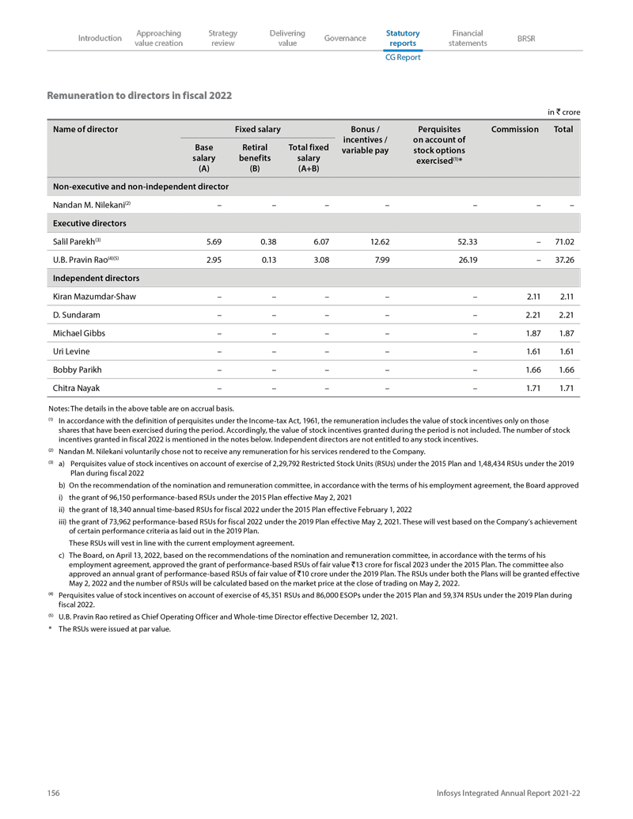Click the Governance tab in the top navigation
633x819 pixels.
[x=345, y=38]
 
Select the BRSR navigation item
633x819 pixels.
[x=525, y=38]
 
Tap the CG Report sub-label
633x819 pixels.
[x=403, y=58]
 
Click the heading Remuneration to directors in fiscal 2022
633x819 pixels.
[x=139, y=96]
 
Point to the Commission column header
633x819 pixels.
[x=515, y=128]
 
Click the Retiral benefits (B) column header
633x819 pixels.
[x=255, y=157]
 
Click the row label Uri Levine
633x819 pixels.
[x=75, y=351]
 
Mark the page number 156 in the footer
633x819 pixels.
[x=54, y=793]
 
